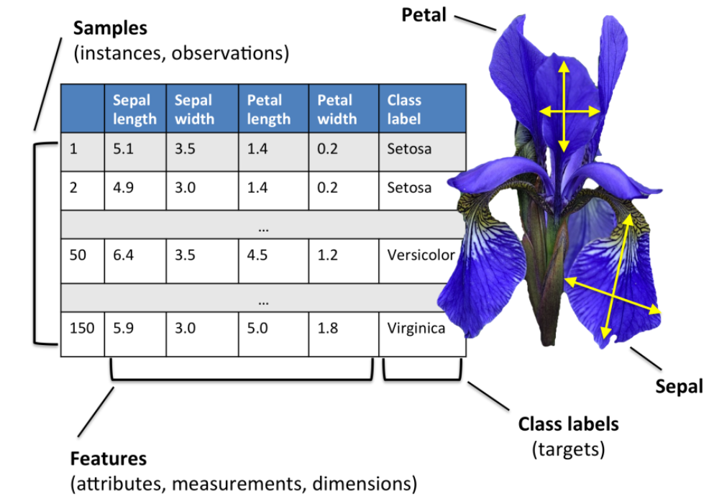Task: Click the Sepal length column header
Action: pos(134,109)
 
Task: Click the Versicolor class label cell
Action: pos(421,255)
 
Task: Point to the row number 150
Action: pos(82,329)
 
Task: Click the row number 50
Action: pos(78,255)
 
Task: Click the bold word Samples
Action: pos(110,29)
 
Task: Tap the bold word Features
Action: pos(108,459)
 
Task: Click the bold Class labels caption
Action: pos(568,423)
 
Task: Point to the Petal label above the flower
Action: pos(424,14)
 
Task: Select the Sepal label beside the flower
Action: pos(678,386)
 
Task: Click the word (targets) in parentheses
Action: pos(568,450)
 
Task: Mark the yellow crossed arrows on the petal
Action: pos(569,110)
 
